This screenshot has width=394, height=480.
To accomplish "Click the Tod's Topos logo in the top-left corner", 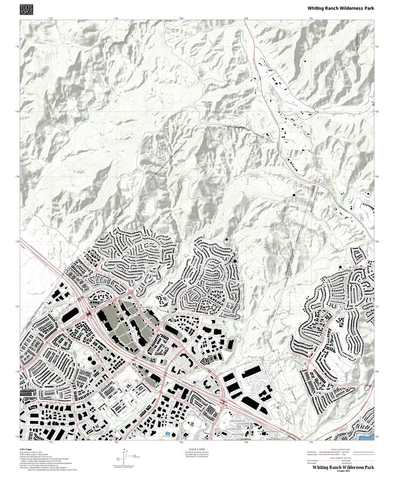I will pyautogui.click(x=27, y=9).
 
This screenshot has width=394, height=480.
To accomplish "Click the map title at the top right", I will pyautogui.click(x=341, y=8).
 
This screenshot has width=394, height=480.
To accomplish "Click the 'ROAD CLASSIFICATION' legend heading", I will pyautogui.click(x=341, y=449).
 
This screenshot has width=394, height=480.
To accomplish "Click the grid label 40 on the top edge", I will pyautogui.click(x=245, y=19).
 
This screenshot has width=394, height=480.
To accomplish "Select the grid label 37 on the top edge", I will pyautogui.click(x=50, y=19).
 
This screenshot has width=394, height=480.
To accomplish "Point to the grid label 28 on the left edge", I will pyautogui.click(x=17, y=242).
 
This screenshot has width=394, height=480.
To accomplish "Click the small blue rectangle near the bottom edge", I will pyautogui.click(x=167, y=434).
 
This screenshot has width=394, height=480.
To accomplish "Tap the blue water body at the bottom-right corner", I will pyautogui.click(x=367, y=437).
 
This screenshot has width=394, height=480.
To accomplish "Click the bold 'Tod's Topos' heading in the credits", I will pyautogui.click(x=26, y=450).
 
